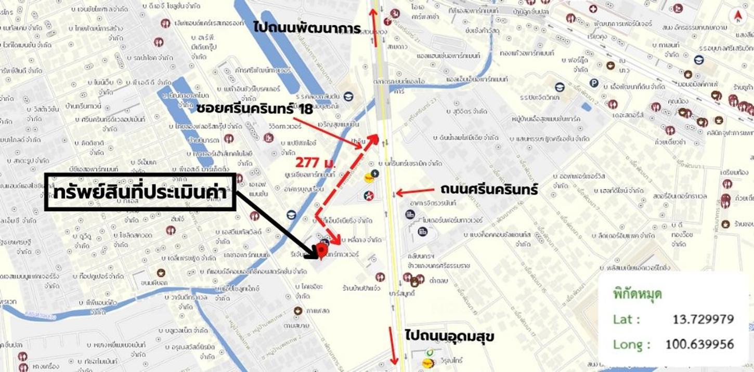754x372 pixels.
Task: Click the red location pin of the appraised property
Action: (322, 251)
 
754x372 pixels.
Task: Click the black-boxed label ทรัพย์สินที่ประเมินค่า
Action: (141, 192)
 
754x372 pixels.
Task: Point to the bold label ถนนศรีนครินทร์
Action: (489, 190)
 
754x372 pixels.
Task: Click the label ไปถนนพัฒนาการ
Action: (307, 27)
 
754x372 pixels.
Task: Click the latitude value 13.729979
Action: (703, 319)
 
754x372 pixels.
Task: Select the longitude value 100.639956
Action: (699, 344)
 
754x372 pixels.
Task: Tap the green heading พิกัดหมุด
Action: (638, 295)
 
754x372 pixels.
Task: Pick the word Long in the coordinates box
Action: (631, 344)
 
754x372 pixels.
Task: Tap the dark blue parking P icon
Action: (594, 83)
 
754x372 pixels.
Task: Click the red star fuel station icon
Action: (369, 195)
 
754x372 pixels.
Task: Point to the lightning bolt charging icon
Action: (374, 173)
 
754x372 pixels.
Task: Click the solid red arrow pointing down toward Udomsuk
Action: (393, 352)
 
